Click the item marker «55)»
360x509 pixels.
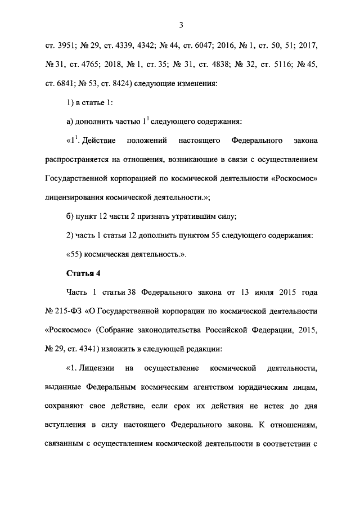pyautogui.click(x=76, y=254)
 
